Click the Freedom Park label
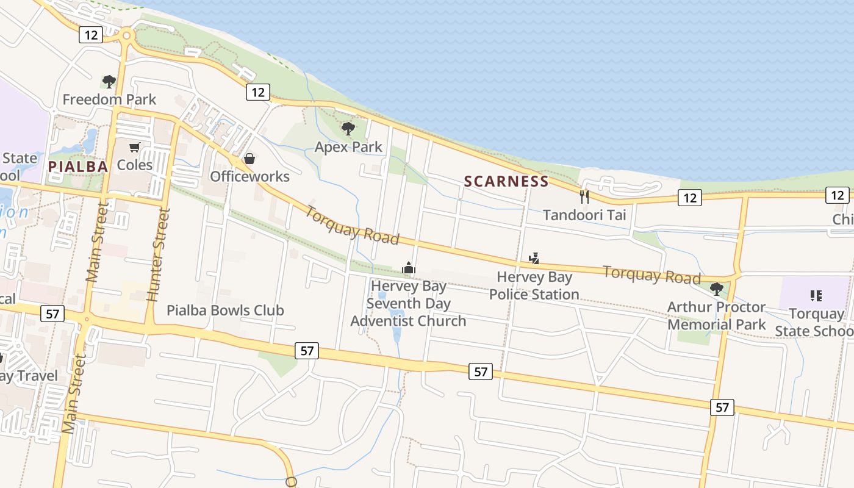109,99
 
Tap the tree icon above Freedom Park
109,81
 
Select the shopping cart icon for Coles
135,147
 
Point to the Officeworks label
249,176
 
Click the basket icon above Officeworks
249,159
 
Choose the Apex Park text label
348,147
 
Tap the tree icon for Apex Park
348,128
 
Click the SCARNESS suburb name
506,181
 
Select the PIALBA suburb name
78,167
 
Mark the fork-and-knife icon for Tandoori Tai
584,196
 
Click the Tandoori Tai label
584,215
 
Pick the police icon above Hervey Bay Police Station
534,259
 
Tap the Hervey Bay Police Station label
534,285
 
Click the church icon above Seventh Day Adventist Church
408,268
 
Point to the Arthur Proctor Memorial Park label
716,315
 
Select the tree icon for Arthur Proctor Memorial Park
717,289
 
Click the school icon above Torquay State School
816,296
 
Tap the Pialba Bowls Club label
226,310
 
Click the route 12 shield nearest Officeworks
258,92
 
